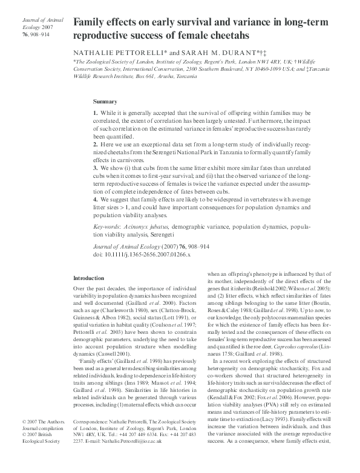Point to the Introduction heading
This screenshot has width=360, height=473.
[x=88, y=278]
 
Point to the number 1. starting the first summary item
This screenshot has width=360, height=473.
[x=96, y=114]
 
